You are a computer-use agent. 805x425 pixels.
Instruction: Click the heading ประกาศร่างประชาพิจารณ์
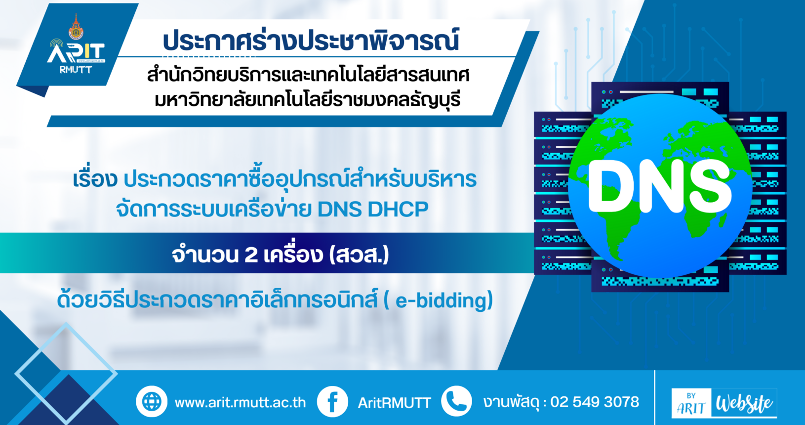point(311,40)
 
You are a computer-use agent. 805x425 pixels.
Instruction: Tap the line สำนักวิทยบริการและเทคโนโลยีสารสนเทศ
point(308,75)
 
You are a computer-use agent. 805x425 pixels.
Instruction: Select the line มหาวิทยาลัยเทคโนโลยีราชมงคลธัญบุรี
point(308,99)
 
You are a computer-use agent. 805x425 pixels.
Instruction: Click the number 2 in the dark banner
point(250,255)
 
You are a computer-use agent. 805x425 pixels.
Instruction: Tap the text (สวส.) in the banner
point(359,255)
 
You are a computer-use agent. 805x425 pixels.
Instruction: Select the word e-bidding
point(441,300)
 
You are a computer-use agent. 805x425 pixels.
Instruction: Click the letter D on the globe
point(614,186)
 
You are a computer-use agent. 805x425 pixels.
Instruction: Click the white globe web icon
point(151,402)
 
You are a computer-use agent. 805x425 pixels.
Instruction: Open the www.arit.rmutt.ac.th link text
point(240,402)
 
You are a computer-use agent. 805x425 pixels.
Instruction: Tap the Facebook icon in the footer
point(332,402)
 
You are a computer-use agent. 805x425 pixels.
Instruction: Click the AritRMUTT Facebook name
point(394,403)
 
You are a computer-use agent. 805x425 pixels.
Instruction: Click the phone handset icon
point(456,401)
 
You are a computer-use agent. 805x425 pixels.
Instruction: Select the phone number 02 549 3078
point(595,402)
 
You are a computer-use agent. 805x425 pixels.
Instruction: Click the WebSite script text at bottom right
point(744,403)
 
